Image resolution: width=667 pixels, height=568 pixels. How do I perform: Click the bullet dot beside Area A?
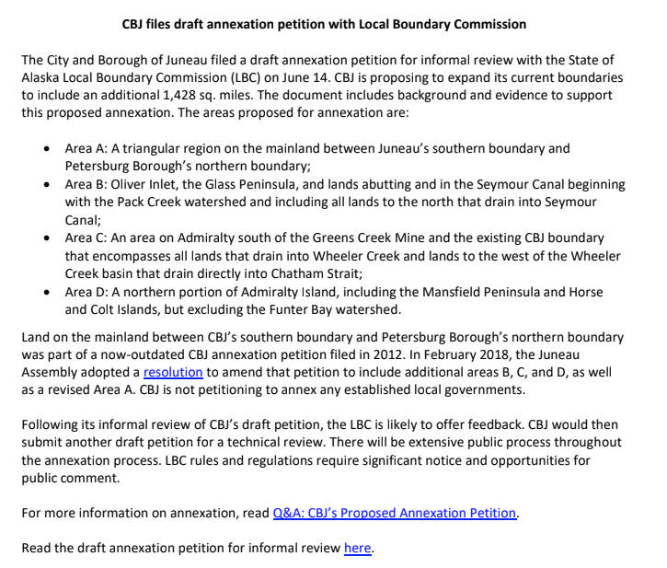tap(48, 148)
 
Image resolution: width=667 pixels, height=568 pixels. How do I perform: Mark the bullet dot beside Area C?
tap(48, 238)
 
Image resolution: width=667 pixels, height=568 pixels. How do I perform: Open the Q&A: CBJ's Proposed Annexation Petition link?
tap(395, 513)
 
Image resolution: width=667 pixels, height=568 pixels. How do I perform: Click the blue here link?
tap(357, 548)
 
